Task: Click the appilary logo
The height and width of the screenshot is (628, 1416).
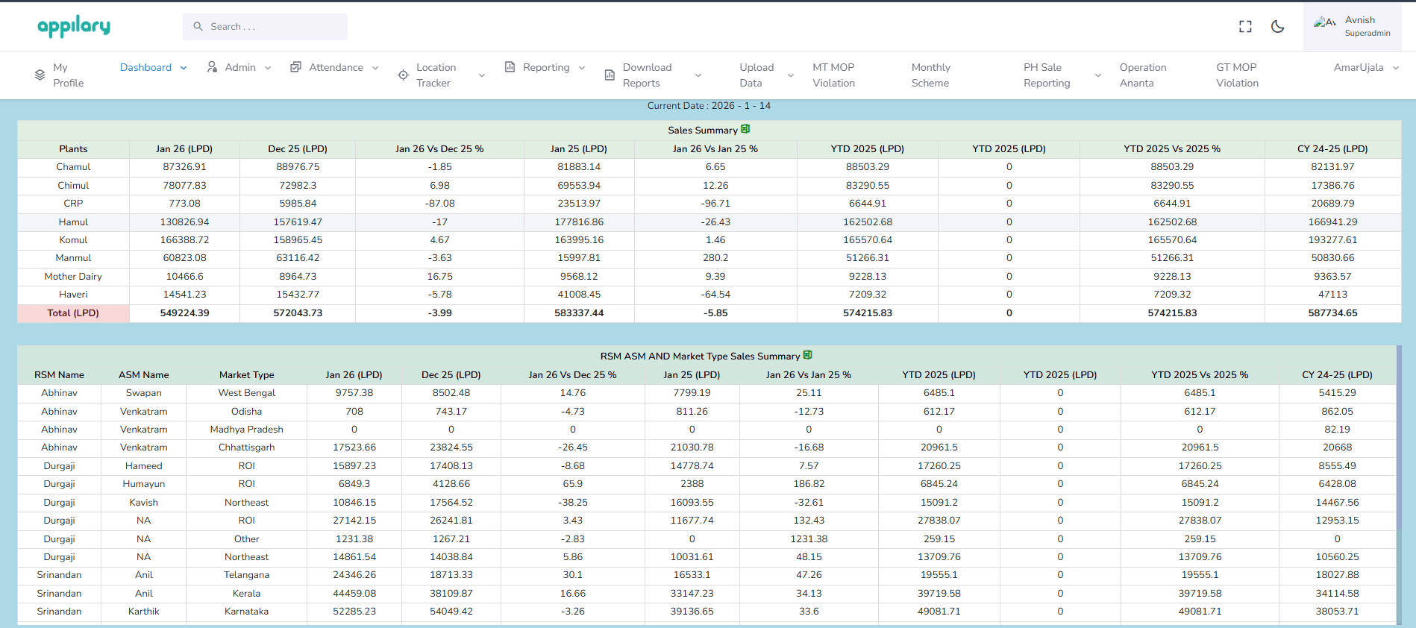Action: tap(74, 27)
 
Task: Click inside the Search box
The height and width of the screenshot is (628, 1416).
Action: tap(265, 27)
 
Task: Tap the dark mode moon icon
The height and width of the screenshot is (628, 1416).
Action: tap(1277, 27)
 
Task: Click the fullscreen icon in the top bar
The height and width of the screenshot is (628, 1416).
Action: tap(1245, 27)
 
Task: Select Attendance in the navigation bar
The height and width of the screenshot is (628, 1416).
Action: tap(335, 67)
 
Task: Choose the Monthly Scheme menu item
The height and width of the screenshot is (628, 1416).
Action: tap(930, 75)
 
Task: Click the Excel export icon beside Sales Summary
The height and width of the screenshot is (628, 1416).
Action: tap(745, 129)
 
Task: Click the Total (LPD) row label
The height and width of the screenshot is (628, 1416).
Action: tap(73, 313)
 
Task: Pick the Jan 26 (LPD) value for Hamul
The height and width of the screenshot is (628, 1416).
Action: tap(184, 222)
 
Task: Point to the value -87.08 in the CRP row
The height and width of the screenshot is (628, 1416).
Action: tap(439, 204)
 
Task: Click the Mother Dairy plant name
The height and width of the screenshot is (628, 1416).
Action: tap(73, 277)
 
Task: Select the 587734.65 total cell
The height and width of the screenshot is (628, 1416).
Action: tap(1332, 313)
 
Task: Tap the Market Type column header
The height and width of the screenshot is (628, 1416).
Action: tap(246, 375)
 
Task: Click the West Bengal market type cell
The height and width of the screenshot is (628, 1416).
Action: tap(246, 393)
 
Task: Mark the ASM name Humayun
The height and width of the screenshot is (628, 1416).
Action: tap(143, 484)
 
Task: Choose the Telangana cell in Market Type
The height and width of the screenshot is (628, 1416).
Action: tap(246, 575)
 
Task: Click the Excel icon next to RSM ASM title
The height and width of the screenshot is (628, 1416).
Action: tap(807, 355)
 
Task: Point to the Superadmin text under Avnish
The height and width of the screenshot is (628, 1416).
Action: tap(1367, 34)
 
